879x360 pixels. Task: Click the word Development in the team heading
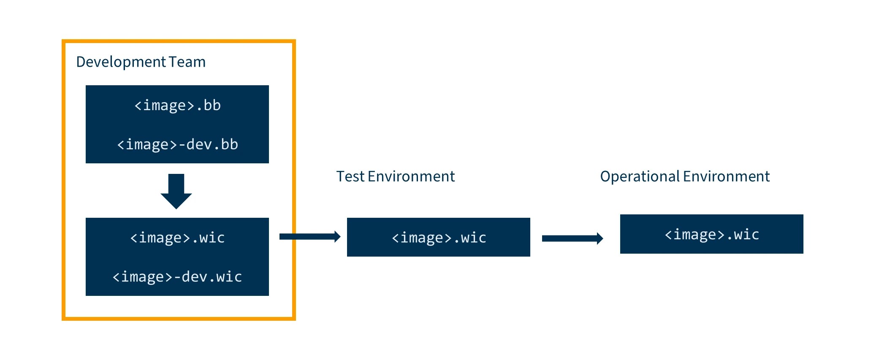(x=121, y=62)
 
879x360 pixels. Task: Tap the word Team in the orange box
(x=187, y=62)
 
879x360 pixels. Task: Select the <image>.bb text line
(x=177, y=105)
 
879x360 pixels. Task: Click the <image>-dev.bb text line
(x=177, y=144)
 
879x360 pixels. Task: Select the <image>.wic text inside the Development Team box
(x=177, y=238)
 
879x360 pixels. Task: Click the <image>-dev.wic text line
(x=177, y=277)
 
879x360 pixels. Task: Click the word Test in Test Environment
(x=350, y=176)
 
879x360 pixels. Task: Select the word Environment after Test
(x=411, y=176)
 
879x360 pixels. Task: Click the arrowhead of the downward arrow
(x=176, y=201)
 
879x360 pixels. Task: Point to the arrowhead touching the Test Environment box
(x=337, y=236)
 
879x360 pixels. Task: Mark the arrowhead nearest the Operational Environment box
(x=600, y=238)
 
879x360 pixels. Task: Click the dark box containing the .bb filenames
(x=177, y=125)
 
